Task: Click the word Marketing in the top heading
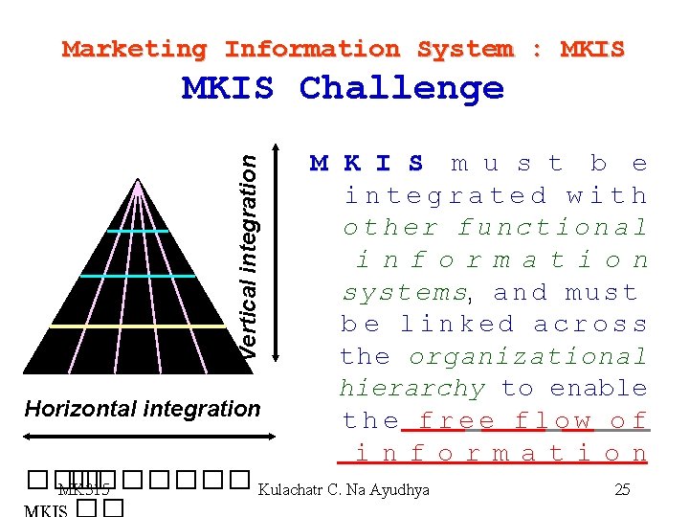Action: [134, 49]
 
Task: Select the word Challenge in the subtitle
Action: [401, 88]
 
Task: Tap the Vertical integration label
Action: [248, 258]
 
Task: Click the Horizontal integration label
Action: [143, 409]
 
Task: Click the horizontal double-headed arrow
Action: [143, 436]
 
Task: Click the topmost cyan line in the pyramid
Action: [138, 232]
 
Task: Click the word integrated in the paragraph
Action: [445, 196]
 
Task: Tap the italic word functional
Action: [552, 228]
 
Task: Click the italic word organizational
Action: [527, 357]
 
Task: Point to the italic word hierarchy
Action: [412, 389]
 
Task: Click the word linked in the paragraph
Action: [456, 325]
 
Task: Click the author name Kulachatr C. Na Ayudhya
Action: [344, 490]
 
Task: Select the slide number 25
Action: [622, 490]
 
